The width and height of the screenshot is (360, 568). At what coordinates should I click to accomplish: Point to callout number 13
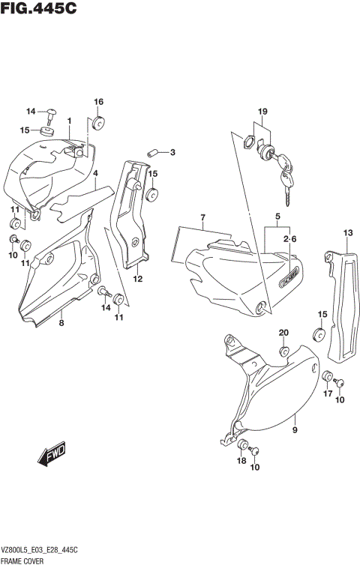click(347, 233)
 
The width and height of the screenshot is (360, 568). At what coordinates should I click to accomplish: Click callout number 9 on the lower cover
click(295, 429)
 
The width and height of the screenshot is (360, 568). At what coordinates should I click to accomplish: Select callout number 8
click(61, 323)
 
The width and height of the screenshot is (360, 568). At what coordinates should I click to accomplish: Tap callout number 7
click(202, 218)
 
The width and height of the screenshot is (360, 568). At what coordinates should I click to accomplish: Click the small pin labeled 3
click(153, 152)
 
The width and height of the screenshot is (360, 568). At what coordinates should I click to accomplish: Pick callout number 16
click(98, 102)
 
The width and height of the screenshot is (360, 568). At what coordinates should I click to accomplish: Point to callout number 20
click(283, 333)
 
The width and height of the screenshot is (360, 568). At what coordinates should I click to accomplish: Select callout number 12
click(138, 279)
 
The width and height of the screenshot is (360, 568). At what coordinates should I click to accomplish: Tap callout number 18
click(241, 461)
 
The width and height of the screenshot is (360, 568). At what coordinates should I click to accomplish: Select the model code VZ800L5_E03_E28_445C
click(40, 550)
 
